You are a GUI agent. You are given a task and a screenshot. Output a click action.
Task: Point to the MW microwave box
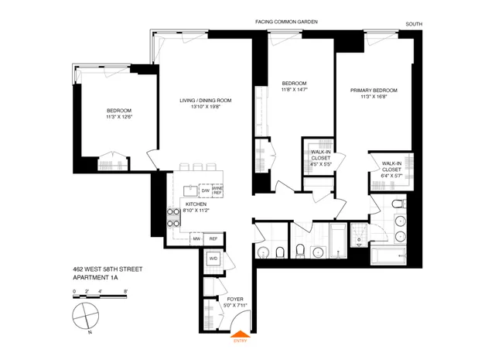click(197, 238)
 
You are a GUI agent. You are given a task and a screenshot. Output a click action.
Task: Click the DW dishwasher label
click(205, 190)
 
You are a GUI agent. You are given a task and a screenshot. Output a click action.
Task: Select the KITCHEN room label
click(195, 204)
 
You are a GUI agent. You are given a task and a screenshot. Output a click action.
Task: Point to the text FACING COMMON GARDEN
click(286, 22)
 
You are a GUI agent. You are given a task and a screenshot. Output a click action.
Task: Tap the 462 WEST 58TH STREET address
click(104, 269)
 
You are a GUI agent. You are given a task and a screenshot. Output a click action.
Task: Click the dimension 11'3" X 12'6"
click(119, 118)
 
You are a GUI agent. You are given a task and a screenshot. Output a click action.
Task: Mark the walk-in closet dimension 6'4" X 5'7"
click(391, 175)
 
